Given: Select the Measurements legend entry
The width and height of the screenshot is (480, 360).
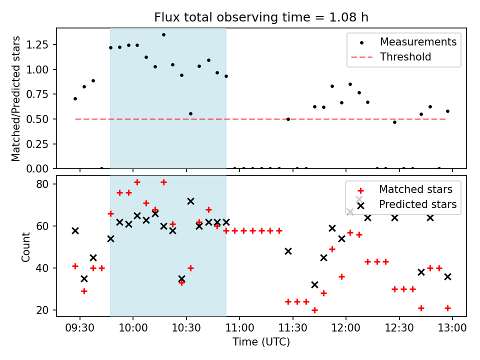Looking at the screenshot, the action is pos(404,42).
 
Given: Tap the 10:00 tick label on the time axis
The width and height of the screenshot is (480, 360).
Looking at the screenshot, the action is pos(133,328).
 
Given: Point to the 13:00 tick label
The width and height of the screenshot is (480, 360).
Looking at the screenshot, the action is pos(452,328).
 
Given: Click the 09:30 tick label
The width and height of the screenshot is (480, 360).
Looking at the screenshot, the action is pos(80,328).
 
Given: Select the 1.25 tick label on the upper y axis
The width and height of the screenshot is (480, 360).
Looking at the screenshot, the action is pos(37,44).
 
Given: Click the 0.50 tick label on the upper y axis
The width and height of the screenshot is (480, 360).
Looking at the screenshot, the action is pos(37,119).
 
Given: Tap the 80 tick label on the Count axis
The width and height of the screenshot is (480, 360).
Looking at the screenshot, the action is pos(42,184).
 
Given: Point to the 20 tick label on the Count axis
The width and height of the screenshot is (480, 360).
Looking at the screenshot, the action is pos(42,310).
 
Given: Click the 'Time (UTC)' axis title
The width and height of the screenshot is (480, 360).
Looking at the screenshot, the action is pos(261,342).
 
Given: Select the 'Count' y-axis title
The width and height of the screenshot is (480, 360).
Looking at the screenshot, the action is pos(25,247).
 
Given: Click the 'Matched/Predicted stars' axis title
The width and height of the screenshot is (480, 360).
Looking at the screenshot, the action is pos(15,98).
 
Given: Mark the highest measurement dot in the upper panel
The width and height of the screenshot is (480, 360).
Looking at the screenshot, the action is pos(164,35).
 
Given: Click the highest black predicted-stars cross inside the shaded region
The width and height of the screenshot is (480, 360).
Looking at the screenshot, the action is pos(190,201).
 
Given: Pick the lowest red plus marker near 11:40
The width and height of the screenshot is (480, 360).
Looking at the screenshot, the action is pos(314,310).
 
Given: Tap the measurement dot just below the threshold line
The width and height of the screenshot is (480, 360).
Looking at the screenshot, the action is pos(395,122).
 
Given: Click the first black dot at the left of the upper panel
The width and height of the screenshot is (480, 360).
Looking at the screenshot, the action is pos(75,99).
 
